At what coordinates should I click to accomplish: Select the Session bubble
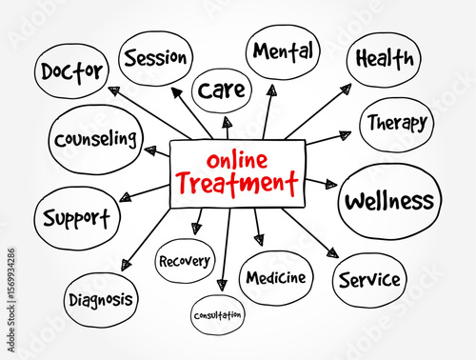155,57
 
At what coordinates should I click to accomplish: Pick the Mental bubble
283,51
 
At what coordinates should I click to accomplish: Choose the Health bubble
384,59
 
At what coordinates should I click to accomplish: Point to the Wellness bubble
388,201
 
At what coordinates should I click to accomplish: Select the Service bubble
369,280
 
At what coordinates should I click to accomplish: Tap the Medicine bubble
275,278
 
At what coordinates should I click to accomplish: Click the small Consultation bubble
217,313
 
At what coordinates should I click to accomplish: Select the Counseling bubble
95,139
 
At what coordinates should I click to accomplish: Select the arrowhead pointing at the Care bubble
226,122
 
